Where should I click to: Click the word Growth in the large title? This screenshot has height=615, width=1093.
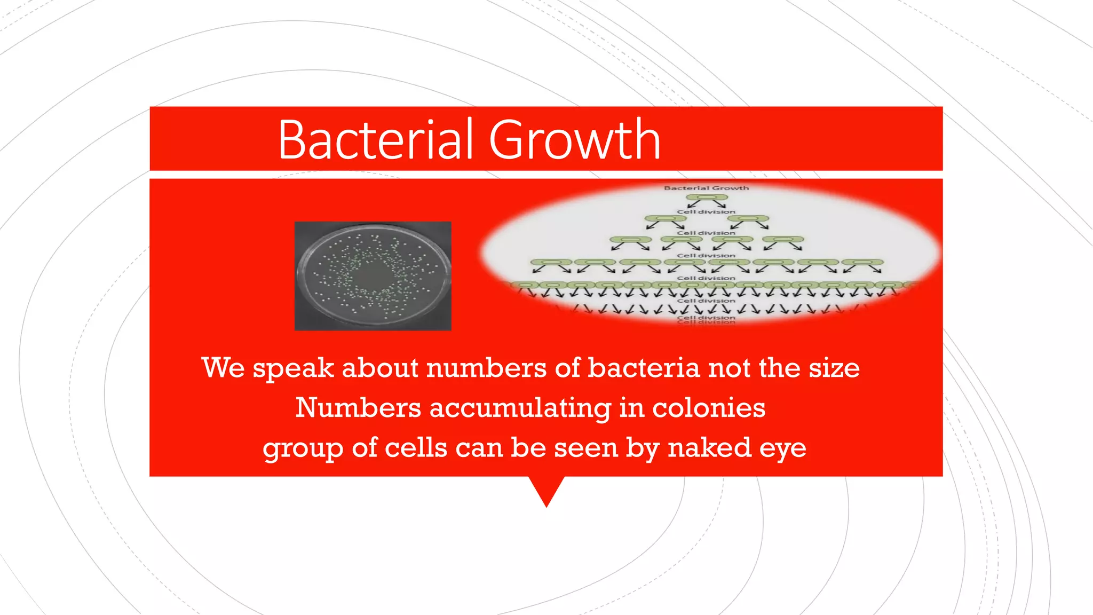tap(575, 140)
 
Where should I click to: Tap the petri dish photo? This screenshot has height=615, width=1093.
tap(373, 276)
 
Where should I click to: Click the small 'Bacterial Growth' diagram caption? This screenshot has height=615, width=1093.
tap(706, 188)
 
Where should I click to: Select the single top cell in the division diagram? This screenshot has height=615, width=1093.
tap(707, 198)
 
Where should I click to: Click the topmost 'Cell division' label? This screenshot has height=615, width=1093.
tap(706, 212)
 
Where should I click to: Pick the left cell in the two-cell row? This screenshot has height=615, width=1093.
tap(664, 218)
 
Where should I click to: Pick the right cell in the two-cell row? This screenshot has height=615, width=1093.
tap(749, 218)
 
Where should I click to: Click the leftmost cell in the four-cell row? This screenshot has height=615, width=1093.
tap(630, 240)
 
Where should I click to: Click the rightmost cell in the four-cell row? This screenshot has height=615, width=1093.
tap(783, 240)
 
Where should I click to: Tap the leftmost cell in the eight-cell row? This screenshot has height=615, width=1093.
tap(551, 262)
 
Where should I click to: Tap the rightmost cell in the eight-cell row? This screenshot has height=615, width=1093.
tap(863, 262)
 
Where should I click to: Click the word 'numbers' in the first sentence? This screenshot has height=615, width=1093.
tap(486, 368)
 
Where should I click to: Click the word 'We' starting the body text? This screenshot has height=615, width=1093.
tap(223, 368)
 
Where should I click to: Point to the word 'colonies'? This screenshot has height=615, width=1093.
tap(709, 408)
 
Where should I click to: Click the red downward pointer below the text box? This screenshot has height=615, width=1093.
tap(546, 488)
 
